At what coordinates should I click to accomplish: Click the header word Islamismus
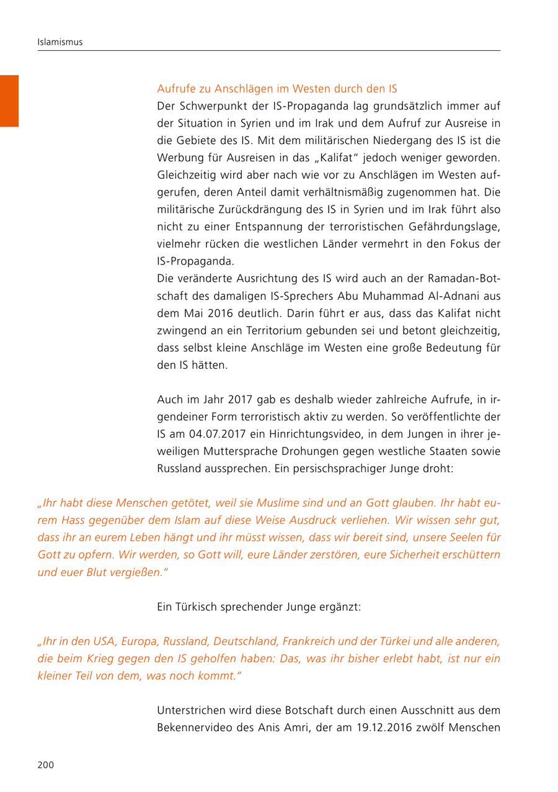pyautogui.click(x=60, y=42)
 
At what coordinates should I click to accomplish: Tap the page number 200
pyautogui.click(x=46, y=765)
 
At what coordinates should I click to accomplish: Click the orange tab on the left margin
pyautogui.click(x=9, y=101)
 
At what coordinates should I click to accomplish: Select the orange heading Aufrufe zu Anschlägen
pyautogui.click(x=277, y=89)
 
